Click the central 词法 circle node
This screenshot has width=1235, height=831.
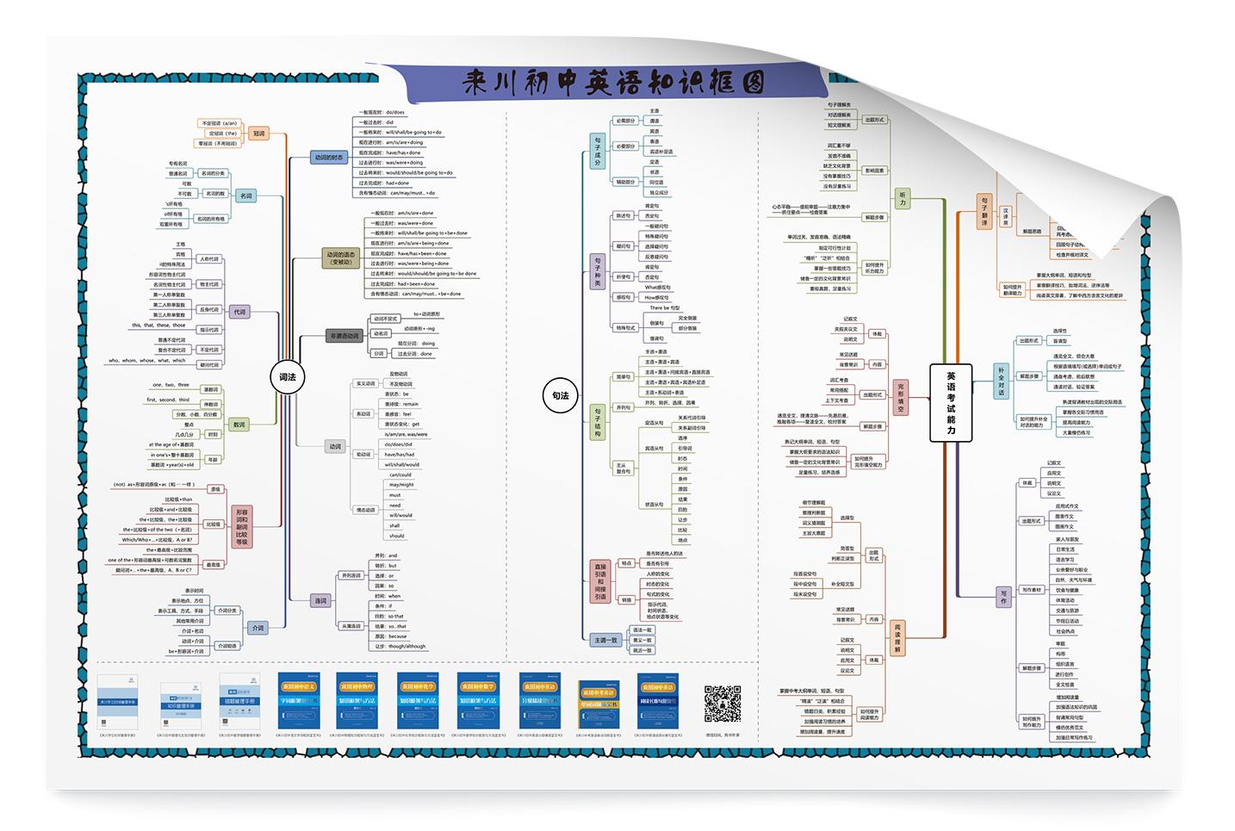click(x=287, y=377)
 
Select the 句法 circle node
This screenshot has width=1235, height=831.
click(x=560, y=395)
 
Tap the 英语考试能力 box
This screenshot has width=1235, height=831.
click(x=951, y=403)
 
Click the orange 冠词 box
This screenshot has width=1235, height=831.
click(x=258, y=133)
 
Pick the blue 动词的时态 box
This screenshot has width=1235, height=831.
click(x=328, y=158)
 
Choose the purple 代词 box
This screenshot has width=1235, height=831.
click(x=239, y=312)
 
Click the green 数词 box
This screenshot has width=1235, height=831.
click(x=239, y=425)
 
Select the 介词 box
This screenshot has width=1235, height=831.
click(x=258, y=628)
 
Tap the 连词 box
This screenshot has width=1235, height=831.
click(x=320, y=600)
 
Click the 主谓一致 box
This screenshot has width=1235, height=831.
click(x=605, y=640)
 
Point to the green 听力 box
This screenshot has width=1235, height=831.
click(x=903, y=198)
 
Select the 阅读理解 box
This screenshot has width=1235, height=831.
click(x=897, y=638)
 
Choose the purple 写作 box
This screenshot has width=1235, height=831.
click(x=1002, y=596)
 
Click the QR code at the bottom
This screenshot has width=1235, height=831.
click(x=723, y=704)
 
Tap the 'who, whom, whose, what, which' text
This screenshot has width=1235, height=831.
click(x=146, y=361)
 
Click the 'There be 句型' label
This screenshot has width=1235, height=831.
click(x=664, y=308)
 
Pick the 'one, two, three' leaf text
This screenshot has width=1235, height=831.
click(x=170, y=385)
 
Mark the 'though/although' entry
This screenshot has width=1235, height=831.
click(x=406, y=646)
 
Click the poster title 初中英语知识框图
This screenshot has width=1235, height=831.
click(x=613, y=84)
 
